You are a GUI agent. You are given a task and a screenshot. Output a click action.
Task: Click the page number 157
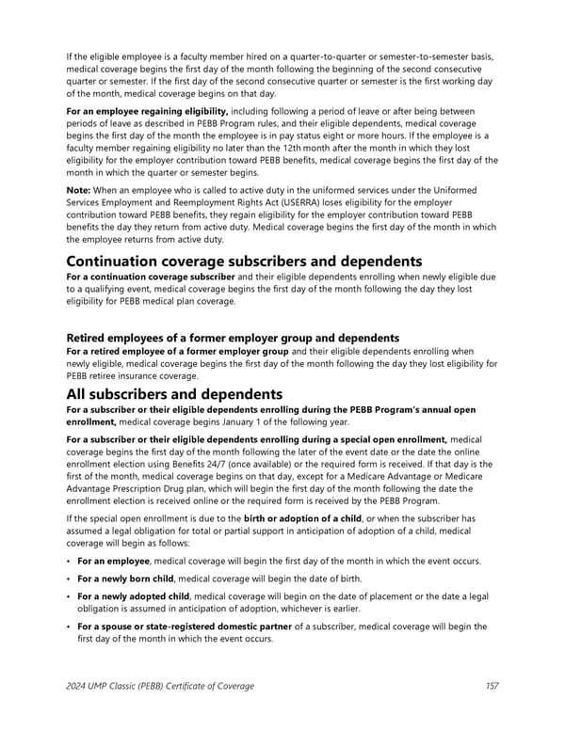[x=492, y=686]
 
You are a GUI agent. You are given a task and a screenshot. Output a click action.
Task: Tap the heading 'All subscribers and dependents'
[x=175, y=394]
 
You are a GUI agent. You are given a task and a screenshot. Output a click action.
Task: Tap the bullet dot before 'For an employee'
[x=68, y=562]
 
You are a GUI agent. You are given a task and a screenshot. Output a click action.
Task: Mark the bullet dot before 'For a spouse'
[x=68, y=627]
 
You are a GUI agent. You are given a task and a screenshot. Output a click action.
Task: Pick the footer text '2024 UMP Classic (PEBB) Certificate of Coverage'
[x=160, y=686]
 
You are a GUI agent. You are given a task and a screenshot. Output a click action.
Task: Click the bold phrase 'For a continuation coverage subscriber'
[x=150, y=278]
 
